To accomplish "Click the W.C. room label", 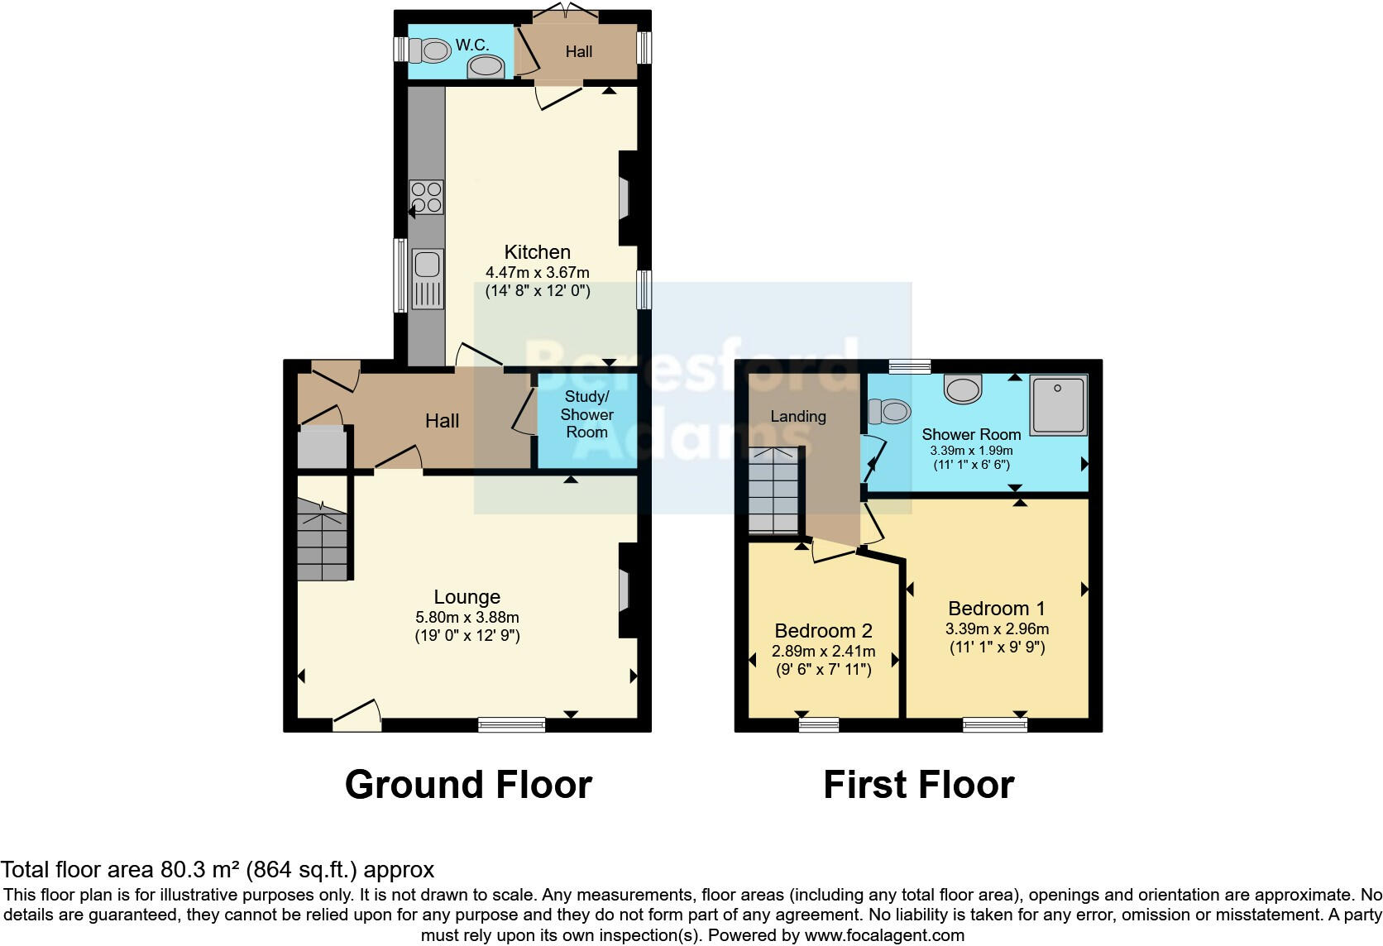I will [471, 45].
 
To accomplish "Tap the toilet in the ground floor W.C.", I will [430, 51].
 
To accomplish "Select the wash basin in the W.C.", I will [486, 67].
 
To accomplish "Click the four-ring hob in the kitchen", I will [427, 197].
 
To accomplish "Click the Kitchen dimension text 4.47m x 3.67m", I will [537, 272].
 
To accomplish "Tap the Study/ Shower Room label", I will [586, 414].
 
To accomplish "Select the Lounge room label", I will [467, 597].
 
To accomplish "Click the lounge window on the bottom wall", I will [512, 725].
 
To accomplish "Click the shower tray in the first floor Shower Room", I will [1058, 405].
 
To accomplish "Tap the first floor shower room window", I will [910, 366].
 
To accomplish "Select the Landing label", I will [798, 416].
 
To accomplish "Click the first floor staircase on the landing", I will [773, 492].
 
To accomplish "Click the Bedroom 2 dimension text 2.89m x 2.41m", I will [823, 652].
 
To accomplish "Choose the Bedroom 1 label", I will [997, 609].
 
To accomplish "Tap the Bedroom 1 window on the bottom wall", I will [995, 725].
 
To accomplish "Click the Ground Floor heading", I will [468, 785].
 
